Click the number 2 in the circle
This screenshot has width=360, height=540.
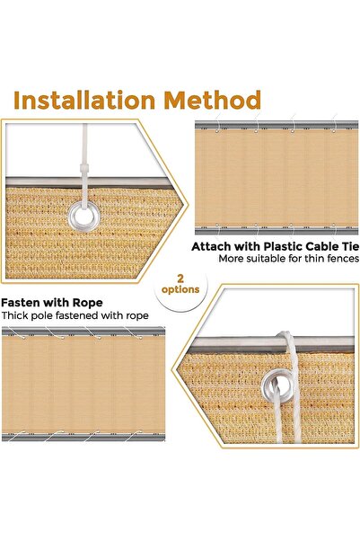182,279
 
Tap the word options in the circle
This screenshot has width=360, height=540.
182,291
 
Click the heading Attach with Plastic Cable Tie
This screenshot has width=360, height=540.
275,245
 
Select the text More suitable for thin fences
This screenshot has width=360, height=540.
288,259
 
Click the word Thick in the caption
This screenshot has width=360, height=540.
16,315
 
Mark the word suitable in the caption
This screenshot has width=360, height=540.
268,259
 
